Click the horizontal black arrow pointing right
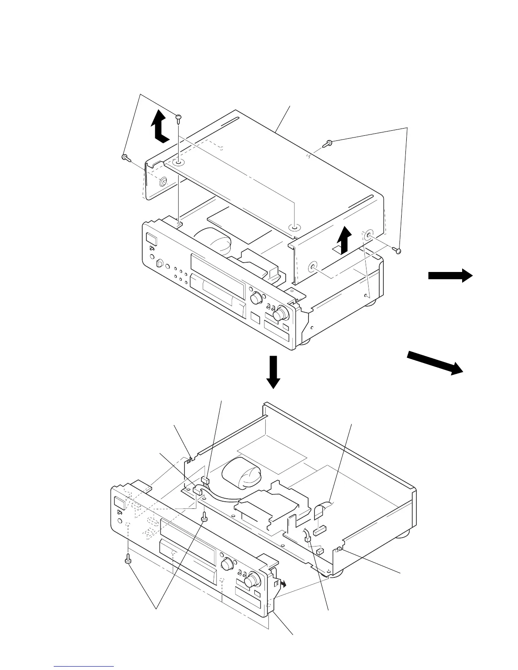(450, 276)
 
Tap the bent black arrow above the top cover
(160, 126)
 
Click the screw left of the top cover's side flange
(125, 158)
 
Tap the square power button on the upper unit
(150, 238)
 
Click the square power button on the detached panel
(119, 503)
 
